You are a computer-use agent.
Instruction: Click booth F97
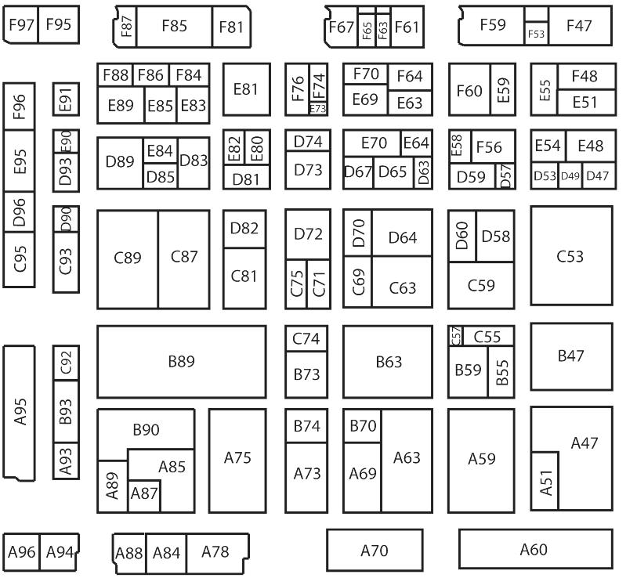20,25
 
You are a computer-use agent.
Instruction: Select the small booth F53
536,34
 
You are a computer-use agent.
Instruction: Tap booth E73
317,109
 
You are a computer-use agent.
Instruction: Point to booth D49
570,176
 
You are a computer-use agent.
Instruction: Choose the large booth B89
181,362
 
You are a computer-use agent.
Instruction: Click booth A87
144,494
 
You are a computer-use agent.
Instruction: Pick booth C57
456,336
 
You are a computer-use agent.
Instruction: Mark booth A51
545,481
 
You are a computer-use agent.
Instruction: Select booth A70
375,551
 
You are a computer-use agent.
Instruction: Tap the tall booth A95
20,413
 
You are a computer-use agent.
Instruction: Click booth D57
506,176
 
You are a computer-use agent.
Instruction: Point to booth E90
67,141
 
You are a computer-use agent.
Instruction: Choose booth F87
125,26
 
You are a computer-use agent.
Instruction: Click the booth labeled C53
570,256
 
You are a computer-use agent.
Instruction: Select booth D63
423,172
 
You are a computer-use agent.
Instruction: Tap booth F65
367,30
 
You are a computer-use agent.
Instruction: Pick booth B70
363,427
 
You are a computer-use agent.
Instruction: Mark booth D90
67,219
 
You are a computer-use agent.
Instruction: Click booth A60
534,549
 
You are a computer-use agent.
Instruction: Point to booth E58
457,146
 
